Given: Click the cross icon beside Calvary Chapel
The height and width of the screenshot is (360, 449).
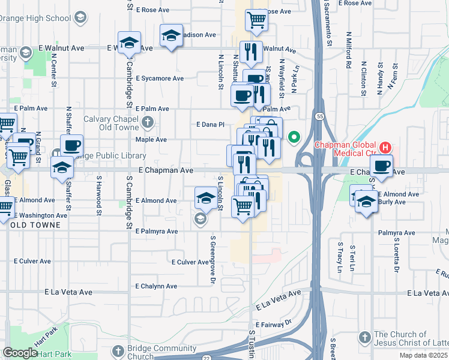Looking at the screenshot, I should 148,123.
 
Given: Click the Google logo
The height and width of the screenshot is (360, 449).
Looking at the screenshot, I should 20,353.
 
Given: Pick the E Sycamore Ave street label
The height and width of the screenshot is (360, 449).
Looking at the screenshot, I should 160,78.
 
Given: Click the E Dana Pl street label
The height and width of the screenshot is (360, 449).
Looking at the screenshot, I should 210,124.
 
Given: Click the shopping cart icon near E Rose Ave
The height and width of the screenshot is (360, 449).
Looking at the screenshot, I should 256,20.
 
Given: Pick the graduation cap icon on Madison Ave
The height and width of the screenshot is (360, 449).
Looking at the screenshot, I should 171,35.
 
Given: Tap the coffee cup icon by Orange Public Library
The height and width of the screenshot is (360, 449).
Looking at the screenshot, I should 71,145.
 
